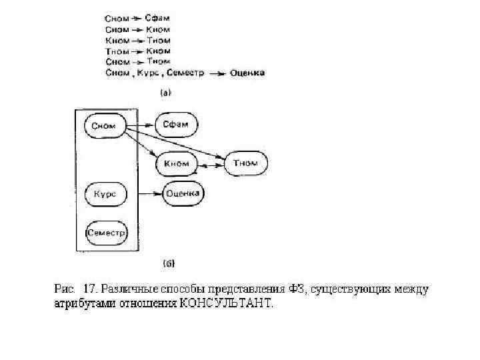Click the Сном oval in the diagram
tap(105, 125)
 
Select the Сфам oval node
tap(176, 124)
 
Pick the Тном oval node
tap(245, 163)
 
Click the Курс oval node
tap(105, 194)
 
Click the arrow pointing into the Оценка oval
tap(150, 194)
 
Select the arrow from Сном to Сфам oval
tap(140, 125)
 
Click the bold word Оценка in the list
tap(247, 72)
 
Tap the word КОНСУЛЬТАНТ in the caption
tap(225, 305)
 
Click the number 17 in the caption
tap(90, 289)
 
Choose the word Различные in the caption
tap(125, 290)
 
